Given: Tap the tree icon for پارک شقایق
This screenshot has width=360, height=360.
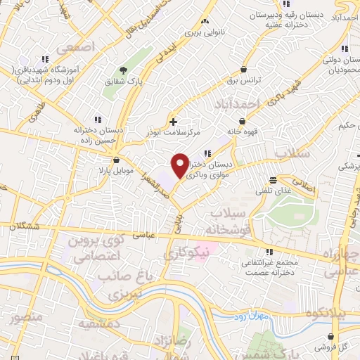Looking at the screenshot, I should point(124,70).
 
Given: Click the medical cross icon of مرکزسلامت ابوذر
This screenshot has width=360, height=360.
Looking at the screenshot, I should point(174,122).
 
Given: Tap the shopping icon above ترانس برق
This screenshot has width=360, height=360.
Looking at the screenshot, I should point(243,70).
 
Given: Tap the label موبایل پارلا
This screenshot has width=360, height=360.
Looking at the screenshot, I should point(115,170).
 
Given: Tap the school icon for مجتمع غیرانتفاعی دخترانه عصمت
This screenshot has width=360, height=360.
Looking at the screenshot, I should point(269,252).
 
